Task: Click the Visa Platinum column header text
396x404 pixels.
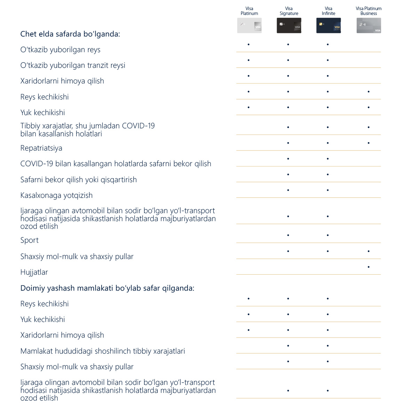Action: pos(249,11)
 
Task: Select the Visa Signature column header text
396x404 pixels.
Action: pos(289,11)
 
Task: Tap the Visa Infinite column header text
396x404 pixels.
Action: pos(328,11)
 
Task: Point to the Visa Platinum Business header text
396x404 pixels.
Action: pos(369,11)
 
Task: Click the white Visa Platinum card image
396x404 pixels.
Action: pos(249,26)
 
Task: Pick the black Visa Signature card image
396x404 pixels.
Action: pos(289,26)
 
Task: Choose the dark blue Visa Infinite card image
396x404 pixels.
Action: pos(328,26)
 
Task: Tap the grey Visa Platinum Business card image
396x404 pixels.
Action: pos(369,26)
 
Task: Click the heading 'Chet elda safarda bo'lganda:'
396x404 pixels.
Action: pos(70,34)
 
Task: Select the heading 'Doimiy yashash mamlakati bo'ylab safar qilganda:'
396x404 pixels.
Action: pos(107,288)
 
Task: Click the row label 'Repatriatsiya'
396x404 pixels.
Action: pos(41,148)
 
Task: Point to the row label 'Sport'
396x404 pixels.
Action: pos(29,240)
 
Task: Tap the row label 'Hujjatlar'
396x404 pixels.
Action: pos(34,272)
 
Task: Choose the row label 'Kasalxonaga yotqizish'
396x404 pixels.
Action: pos(56,195)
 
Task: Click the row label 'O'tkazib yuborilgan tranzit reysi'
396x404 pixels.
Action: pos(73,65)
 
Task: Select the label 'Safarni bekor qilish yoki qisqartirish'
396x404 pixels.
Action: pos(78,180)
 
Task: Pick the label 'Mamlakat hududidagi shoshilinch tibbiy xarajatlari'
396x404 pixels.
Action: pos(102,351)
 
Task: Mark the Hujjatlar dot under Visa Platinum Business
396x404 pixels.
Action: pos(369,267)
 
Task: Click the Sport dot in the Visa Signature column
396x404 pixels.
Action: pos(288,235)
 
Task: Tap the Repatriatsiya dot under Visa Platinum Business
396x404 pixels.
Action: pos(369,143)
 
